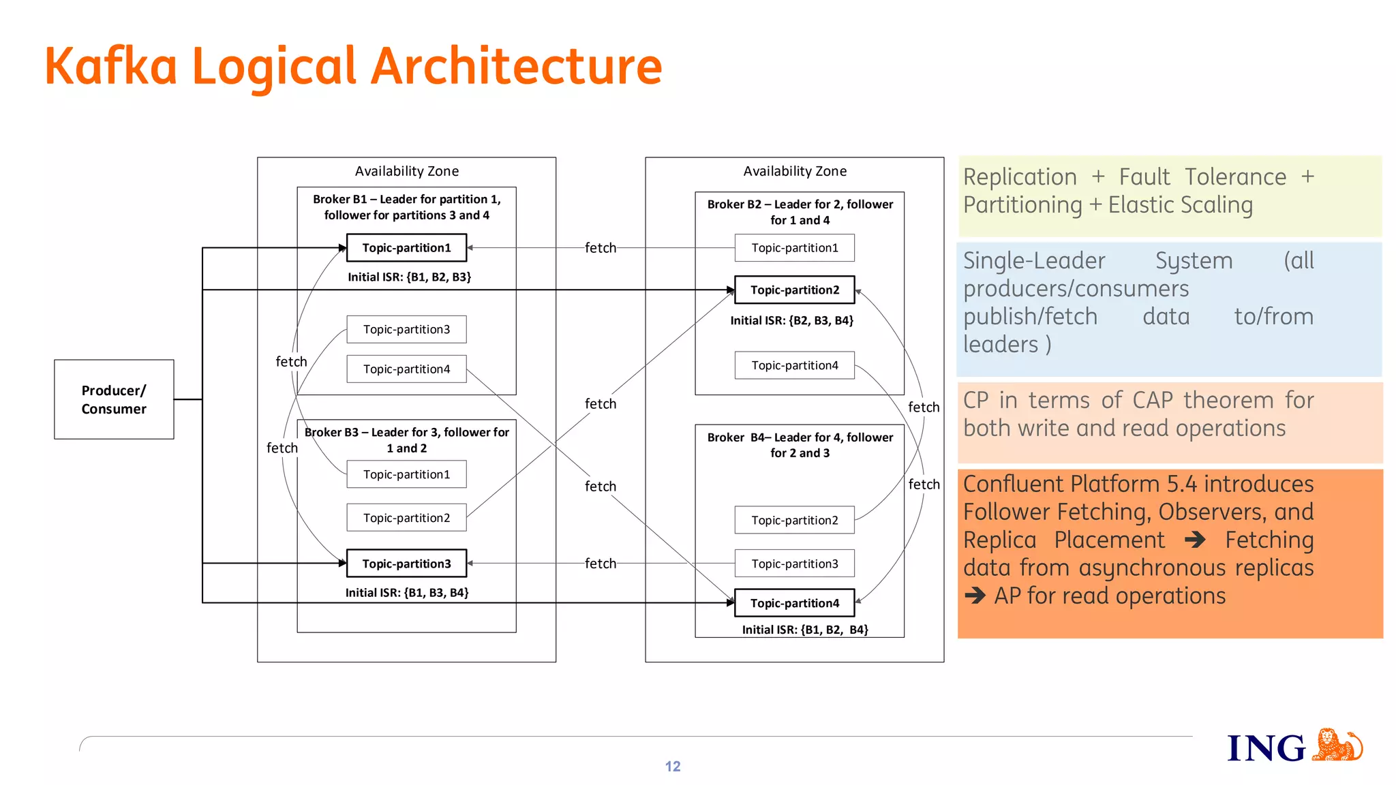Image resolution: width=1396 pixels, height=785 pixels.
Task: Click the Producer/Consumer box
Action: (x=114, y=399)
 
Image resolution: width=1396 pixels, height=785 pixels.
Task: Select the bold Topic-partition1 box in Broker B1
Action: (x=406, y=247)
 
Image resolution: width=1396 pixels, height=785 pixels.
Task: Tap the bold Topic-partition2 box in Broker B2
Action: (x=794, y=290)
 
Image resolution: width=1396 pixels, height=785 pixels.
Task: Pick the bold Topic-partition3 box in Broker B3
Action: (x=406, y=564)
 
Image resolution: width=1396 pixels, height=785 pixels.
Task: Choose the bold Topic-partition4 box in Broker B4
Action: (x=794, y=603)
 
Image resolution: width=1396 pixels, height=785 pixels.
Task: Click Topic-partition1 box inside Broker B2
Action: (x=794, y=247)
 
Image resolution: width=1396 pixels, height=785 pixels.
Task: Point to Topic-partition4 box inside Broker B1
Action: (x=406, y=369)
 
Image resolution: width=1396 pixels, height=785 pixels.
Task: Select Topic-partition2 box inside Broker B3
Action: (x=406, y=518)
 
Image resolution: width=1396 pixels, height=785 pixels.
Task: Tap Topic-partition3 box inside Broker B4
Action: (x=794, y=564)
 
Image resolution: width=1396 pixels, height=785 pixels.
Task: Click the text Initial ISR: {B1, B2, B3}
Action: (x=409, y=277)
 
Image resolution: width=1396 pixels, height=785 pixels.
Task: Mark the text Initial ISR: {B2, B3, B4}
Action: (x=791, y=320)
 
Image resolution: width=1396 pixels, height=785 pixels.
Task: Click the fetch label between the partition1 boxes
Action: (x=600, y=248)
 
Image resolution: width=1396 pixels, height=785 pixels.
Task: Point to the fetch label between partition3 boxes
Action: (x=600, y=564)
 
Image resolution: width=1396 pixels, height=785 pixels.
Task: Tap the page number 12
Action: (x=673, y=767)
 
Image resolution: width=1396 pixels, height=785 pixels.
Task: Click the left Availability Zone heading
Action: (x=406, y=171)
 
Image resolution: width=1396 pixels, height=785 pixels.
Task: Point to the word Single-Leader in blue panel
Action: (x=1033, y=260)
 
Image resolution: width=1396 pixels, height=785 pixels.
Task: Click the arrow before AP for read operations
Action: (x=975, y=596)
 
